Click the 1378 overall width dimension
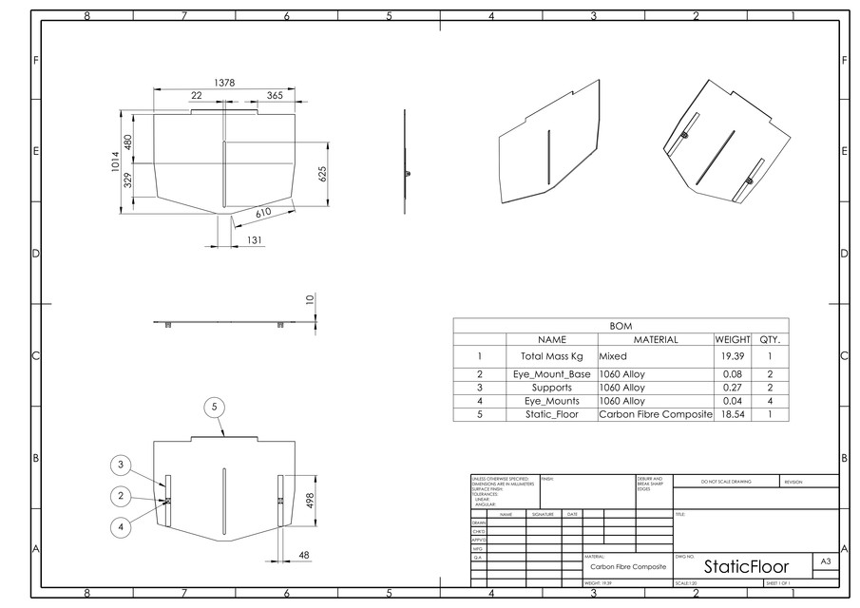pyautogui.click(x=224, y=84)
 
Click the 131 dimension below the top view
pyautogui.click(x=255, y=241)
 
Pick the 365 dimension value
pyautogui.click(x=274, y=96)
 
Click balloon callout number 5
pyautogui.click(x=215, y=407)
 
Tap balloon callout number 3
pyautogui.click(x=121, y=465)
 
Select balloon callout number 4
pyautogui.click(x=121, y=526)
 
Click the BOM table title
pyautogui.click(x=621, y=326)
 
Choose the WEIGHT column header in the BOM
pyautogui.click(x=733, y=339)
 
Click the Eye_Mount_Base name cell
pyautogui.click(x=552, y=374)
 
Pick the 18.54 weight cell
pyautogui.click(x=733, y=415)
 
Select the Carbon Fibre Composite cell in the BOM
pyautogui.click(x=655, y=415)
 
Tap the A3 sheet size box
pyautogui.click(x=826, y=562)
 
